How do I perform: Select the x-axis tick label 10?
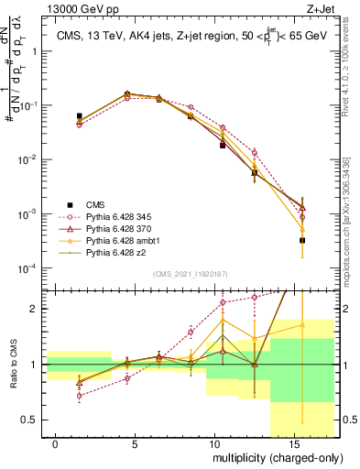coord(213,443)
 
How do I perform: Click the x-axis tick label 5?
coord(136,443)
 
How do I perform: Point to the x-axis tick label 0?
coord(56,443)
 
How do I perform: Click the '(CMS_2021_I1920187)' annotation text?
coord(190,274)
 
